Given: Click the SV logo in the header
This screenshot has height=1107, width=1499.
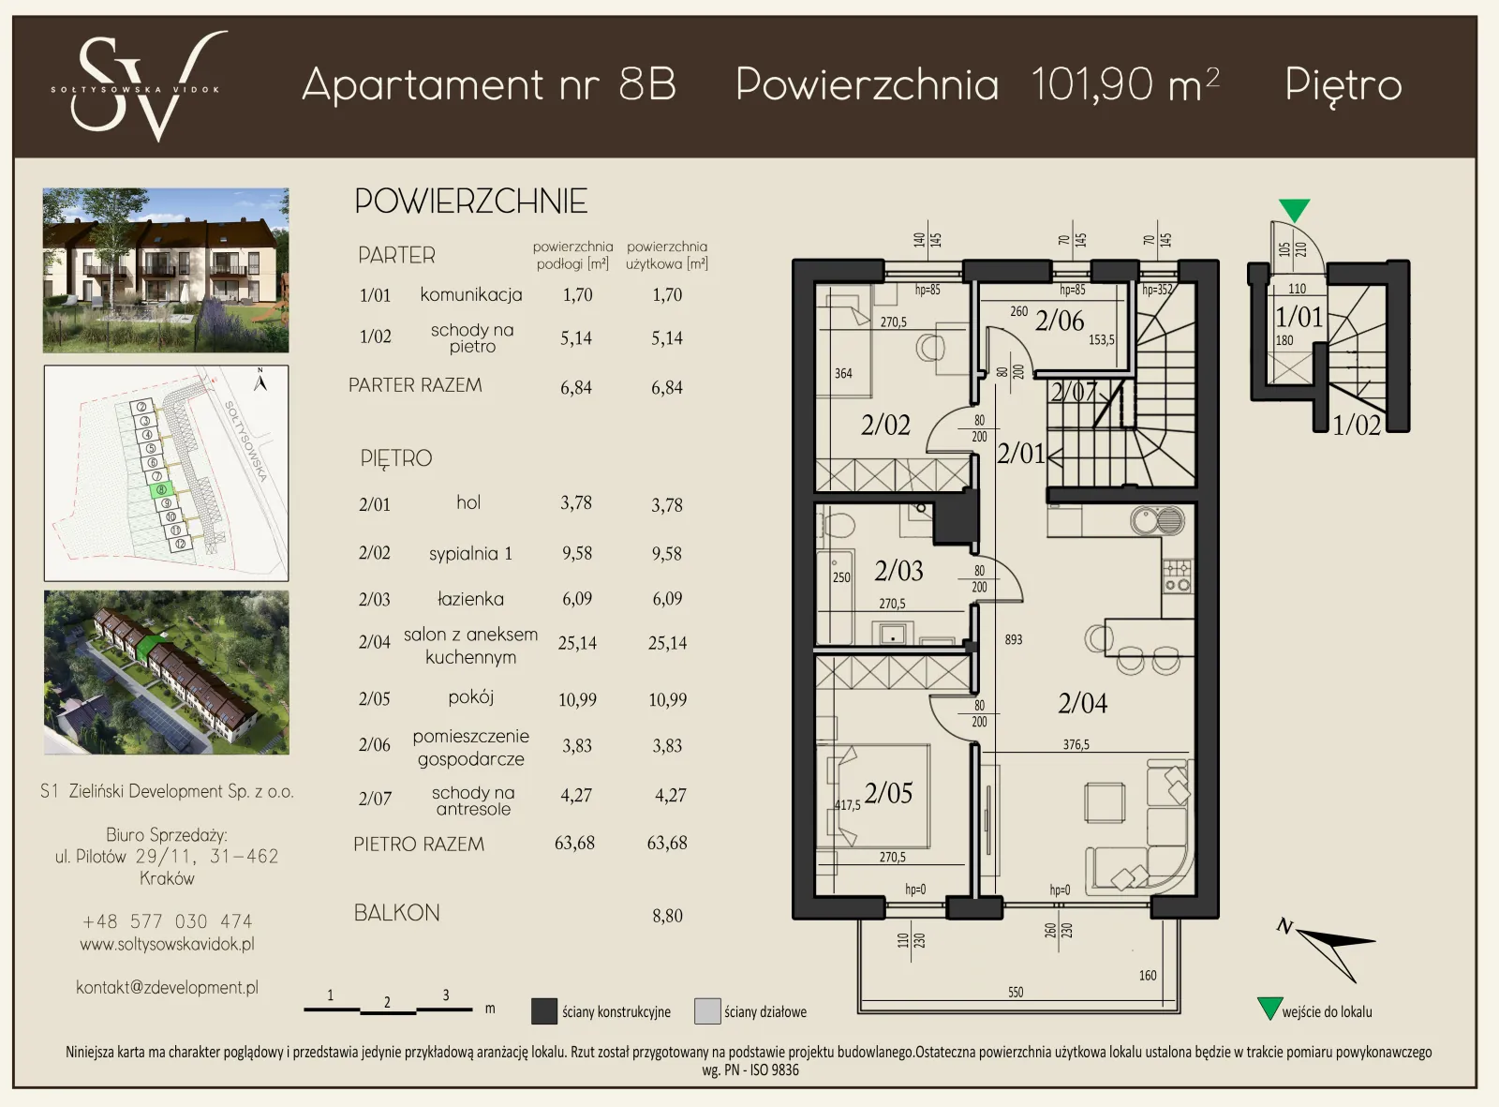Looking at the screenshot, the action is (x=139, y=86).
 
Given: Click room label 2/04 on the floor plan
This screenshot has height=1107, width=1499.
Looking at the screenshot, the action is (x=1082, y=703).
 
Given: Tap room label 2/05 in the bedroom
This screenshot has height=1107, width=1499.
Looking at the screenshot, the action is (x=888, y=793).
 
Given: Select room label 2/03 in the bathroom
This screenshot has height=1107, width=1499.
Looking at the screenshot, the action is (x=898, y=571).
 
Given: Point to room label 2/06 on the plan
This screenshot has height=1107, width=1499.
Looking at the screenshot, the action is (x=1059, y=321).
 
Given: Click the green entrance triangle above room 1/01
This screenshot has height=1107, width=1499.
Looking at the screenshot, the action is (x=1294, y=209).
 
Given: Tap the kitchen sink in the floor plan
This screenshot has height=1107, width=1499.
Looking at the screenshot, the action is (x=1158, y=521).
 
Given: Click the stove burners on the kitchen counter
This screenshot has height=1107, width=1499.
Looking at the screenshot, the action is (x=1178, y=576).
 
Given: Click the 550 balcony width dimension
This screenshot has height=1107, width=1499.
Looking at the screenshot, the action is (x=1015, y=992).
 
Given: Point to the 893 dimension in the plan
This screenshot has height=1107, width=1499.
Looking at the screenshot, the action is (x=1013, y=639).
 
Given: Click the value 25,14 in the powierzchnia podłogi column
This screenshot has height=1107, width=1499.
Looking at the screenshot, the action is (x=577, y=642).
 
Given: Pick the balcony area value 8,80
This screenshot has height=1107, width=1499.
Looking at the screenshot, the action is (x=667, y=916).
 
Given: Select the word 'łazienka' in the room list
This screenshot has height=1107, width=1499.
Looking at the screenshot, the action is (x=470, y=598).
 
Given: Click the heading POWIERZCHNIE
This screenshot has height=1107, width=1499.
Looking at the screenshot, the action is (x=471, y=202).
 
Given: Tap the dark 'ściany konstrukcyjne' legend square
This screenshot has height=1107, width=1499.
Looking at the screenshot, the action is (x=544, y=1011).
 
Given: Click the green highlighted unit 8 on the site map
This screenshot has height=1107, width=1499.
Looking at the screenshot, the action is (x=161, y=489).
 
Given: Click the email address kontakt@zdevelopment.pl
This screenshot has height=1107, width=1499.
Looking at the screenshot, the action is (x=167, y=987).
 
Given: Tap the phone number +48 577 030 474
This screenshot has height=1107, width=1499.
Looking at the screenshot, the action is (x=167, y=921).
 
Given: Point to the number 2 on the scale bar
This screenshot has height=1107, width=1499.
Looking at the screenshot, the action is (x=387, y=1001).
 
